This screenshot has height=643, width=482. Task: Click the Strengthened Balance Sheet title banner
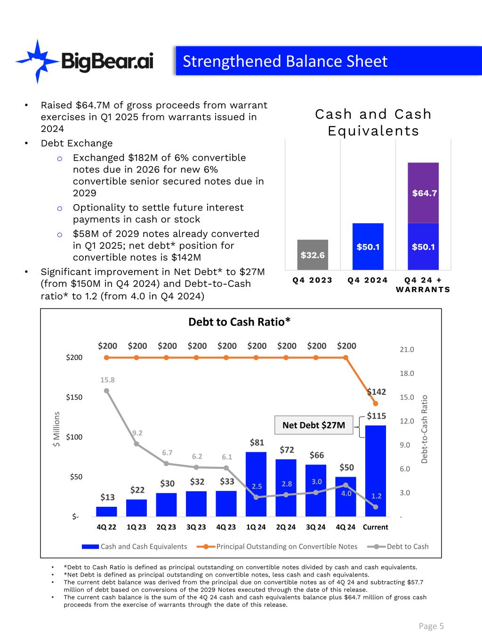pyautogui.click(x=328, y=61)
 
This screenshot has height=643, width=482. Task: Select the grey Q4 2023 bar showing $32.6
pyautogui.click(x=313, y=255)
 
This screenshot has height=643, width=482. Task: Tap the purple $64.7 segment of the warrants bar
pyautogui.click(x=423, y=193)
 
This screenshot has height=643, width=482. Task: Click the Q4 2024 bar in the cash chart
pyautogui.click(x=368, y=246)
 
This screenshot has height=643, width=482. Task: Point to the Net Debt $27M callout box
pyautogui.click(x=313, y=425)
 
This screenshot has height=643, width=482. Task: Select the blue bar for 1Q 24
pyautogui.click(x=256, y=484)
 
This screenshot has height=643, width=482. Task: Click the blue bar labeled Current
pyautogui.click(x=376, y=471)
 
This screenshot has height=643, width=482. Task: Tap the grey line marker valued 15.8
pyautogui.click(x=107, y=391)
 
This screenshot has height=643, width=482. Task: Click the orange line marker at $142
pyautogui.click(x=376, y=403)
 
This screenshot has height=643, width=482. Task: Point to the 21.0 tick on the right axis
pyautogui.click(x=407, y=350)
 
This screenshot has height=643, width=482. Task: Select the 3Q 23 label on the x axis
pyautogui.click(x=196, y=527)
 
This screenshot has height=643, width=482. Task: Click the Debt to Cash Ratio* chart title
pyautogui.click(x=239, y=322)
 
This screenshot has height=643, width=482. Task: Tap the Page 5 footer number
pyautogui.click(x=431, y=626)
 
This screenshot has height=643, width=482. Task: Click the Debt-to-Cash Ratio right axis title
pyautogui.click(x=424, y=429)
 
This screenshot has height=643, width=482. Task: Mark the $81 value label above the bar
pyautogui.click(x=257, y=442)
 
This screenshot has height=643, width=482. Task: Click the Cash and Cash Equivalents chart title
pyautogui.click(x=373, y=122)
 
